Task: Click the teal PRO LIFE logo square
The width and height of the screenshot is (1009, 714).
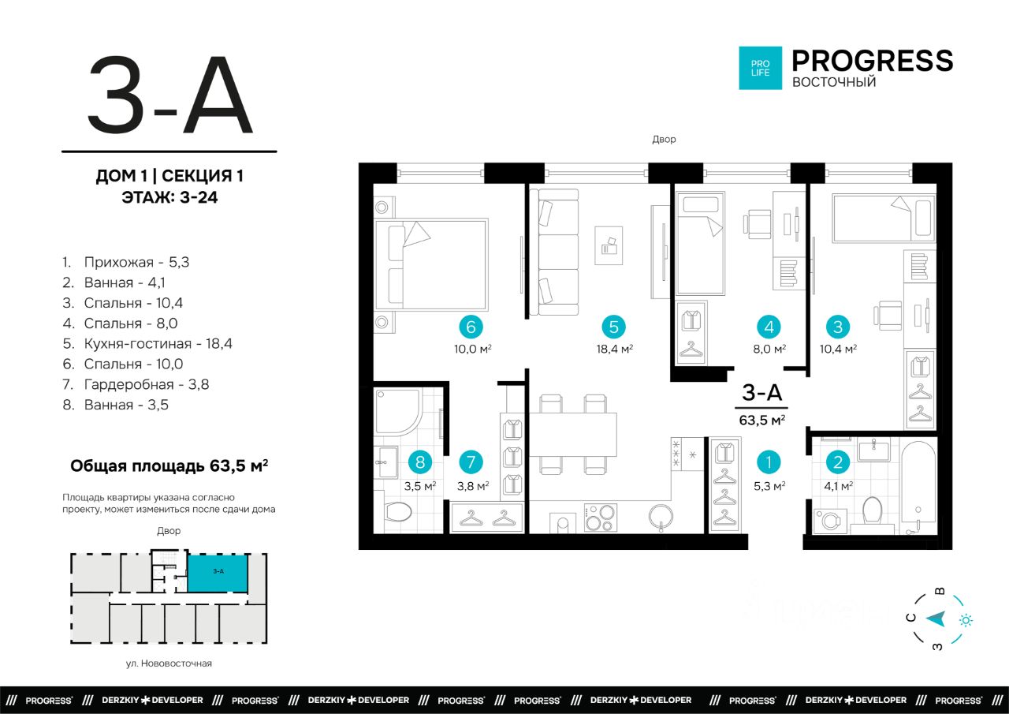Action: pyautogui.click(x=761, y=68)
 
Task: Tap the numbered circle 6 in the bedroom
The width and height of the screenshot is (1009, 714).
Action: pyautogui.click(x=471, y=327)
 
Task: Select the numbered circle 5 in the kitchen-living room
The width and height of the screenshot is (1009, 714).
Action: pyautogui.click(x=613, y=327)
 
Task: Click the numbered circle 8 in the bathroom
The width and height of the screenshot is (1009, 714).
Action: pyautogui.click(x=420, y=462)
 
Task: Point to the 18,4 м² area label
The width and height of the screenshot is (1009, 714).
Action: pyautogui.click(x=614, y=349)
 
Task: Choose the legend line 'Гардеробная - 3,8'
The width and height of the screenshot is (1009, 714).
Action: pyautogui.click(x=136, y=384)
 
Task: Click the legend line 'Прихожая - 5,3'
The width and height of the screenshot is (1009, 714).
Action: pyautogui.click(x=125, y=263)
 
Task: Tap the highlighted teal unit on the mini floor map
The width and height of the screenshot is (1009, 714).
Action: pyautogui.click(x=218, y=573)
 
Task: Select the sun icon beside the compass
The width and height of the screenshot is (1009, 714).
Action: pyautogui.click(x=966, y=621)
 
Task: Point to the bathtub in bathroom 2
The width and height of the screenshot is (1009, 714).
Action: pyautogui.click(x=918, y=488)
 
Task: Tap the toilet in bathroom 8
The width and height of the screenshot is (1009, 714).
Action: pyautogui.click(x=398, y=513)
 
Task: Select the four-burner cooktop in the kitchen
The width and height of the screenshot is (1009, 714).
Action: pyautogui.click(x=601, y=517)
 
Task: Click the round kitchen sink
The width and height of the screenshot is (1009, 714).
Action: pyautogui.click(x=661, y=517)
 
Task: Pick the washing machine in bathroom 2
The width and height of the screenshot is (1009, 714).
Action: pyautogui.click(x=830, y=522)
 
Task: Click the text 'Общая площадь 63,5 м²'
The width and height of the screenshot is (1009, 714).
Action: pyautogui.click(x=169, y=465)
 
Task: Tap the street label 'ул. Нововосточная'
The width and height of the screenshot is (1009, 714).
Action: pyautogui.click(x=169, y=664)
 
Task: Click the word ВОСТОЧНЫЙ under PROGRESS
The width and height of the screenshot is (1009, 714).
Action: pyautogui.click(x=834, y=82)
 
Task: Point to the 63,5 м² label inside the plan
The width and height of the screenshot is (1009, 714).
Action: pyautogui.click(x=762, y=420)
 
